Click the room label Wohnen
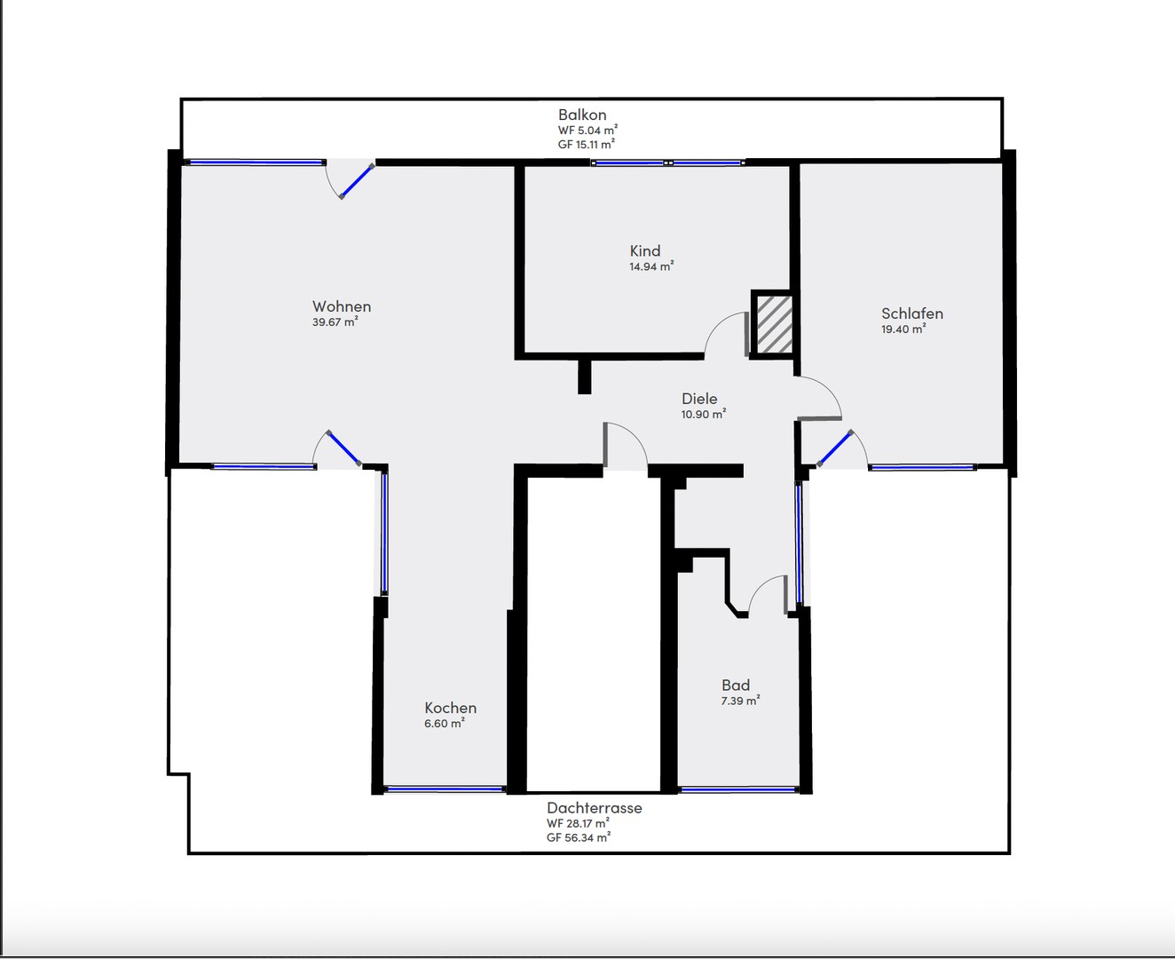point(342,307)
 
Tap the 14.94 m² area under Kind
point(651,266)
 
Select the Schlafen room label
point(911,313)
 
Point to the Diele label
point(699,399)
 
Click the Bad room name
point(736,686)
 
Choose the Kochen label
point(450,708)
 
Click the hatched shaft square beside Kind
point(773,324)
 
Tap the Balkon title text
point(582,115)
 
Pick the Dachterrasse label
point(594,808)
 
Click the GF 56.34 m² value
point(579,837)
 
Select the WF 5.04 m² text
point(587,130)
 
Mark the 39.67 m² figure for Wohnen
point(335,322)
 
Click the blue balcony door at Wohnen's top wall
point(357,180)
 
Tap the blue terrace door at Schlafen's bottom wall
point(834,448)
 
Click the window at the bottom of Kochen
point(445,789)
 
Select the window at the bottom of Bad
point(737,789)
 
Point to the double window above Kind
point(668,163)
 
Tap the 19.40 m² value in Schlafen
point(903,329)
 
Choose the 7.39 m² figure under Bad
point(740,701)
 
